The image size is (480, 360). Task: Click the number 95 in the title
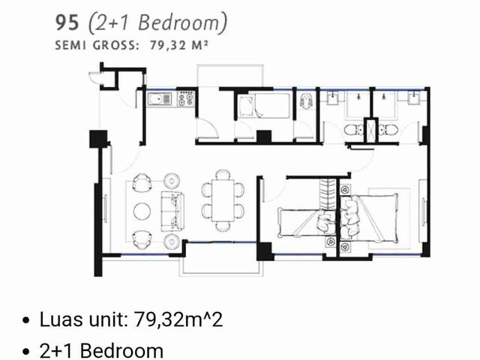(67, 22)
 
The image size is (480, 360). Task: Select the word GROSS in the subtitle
(114, 46)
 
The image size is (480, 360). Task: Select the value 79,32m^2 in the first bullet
(178, 320)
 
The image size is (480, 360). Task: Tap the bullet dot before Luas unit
(26, 320)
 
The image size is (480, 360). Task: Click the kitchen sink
(160, 99)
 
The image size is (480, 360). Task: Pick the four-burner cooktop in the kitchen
(185, 98)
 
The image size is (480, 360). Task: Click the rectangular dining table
(223, 200)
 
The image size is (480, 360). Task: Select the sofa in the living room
(172, 211)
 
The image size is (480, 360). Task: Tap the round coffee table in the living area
(142, 211)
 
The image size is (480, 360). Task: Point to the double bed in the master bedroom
(369, 217)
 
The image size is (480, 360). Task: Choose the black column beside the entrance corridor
(98, 139)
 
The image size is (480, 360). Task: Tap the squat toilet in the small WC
(306, 100)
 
